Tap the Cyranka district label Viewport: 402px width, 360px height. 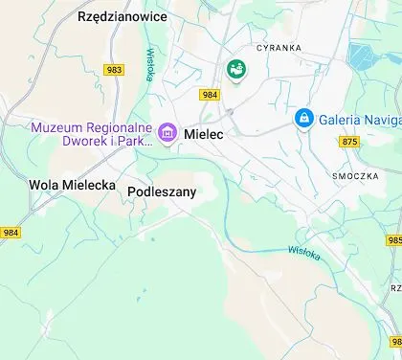[279, 47]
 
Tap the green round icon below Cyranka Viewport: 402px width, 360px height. [234, 69]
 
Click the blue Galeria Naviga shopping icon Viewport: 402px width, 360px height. [303, 118]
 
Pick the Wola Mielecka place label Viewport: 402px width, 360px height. [72, 185]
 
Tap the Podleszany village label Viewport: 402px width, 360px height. [162, 191]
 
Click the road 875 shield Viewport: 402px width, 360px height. [348, 142]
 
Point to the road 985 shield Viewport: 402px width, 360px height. [396, 240]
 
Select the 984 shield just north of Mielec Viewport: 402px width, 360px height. [210, 94]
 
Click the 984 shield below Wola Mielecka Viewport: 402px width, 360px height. [11, 233]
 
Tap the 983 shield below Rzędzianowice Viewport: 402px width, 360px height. [115, 70]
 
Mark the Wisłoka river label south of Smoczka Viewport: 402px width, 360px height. [305, 251]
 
